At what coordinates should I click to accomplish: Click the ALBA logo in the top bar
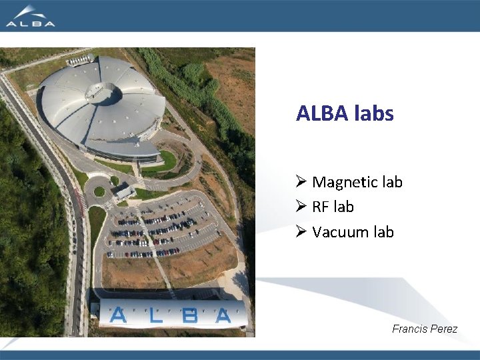pyautogui.click(x=30, y=15)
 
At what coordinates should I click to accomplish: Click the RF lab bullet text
pyautogui.click(x=333, y=207)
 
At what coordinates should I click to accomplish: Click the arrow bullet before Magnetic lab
pyautogui.click(x=301, y=182)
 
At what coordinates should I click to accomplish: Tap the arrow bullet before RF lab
pyautogui.click(x=301, y=207)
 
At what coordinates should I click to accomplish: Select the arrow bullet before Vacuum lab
pyautogui.click(x=301, y=232)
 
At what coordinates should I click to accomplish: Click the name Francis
pyautogui.click(x=409, y=329)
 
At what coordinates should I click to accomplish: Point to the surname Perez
pyautogui.click(x=443, y=329)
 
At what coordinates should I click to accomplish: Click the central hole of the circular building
pyautogui.click(x=104, y=94)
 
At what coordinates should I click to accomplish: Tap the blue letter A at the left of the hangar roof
pyautogui.click(x=118, y=314)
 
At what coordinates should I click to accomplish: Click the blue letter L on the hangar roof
pyautogui.click(x=155, y=315)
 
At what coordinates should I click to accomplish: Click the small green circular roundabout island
pyautogui.click(x=99, y=191)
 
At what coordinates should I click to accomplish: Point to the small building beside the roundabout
pyautogui.click(x=124, y=193)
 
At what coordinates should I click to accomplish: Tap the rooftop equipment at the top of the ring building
pyautogui.click(x=80, y=60)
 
